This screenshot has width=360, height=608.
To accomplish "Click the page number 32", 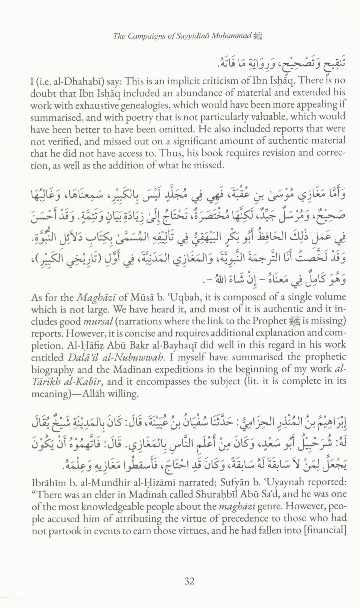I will coord(189,581).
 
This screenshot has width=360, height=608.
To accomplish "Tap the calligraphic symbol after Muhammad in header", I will coord(258,36).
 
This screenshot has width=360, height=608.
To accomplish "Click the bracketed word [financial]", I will coord(324,530).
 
